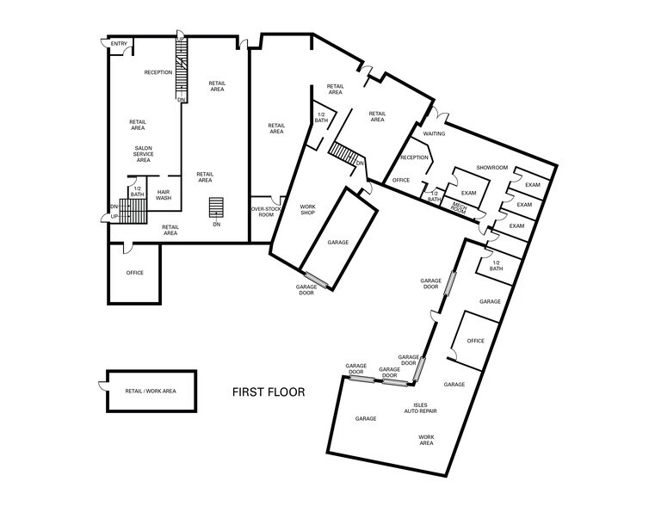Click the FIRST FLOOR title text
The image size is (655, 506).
pyautogui.click(x=269, y=392)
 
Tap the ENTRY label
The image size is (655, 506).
pyautogui.click(x=119, y=43)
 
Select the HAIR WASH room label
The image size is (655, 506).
pyautogui.click(x=164, y=195)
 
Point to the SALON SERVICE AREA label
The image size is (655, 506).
pyautogui.click(x=143, y=154)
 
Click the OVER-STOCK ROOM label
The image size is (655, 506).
pyautogui.click(x=266, y=212)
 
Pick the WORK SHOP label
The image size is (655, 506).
pyautogui.click(x=308, y=210)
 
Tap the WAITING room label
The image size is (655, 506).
pyautogui.click(x=434, y=133)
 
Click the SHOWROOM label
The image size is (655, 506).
pyautogui.click(x=492, y=168)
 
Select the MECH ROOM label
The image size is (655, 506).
pyautogui.click(x=460, y=208)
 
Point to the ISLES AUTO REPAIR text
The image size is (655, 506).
pyautogui.click(x=420, y=408)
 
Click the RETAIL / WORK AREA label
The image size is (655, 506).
pyautogui.click(x=151, y=392)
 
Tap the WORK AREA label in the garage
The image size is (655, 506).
pyautogui.click(x=426, y=440)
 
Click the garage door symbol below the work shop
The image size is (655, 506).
pyautogui.click(x=317, y=280)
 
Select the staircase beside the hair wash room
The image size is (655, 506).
pyautogui.click(x=133, y=211)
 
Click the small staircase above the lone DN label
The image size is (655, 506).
pyautogui.click(x=216, y=207)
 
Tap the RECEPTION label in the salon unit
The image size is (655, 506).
pyautogui.click(x=158, y=72)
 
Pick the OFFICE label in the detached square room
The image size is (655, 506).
pyautogui.click(x=135, y=273)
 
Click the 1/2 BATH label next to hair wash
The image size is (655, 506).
pyautogui.click(x=137, y=192)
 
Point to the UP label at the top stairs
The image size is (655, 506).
pyautogui.click(x=181, y=40)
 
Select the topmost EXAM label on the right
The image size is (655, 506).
pyautogui.click(x=533, y=184)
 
